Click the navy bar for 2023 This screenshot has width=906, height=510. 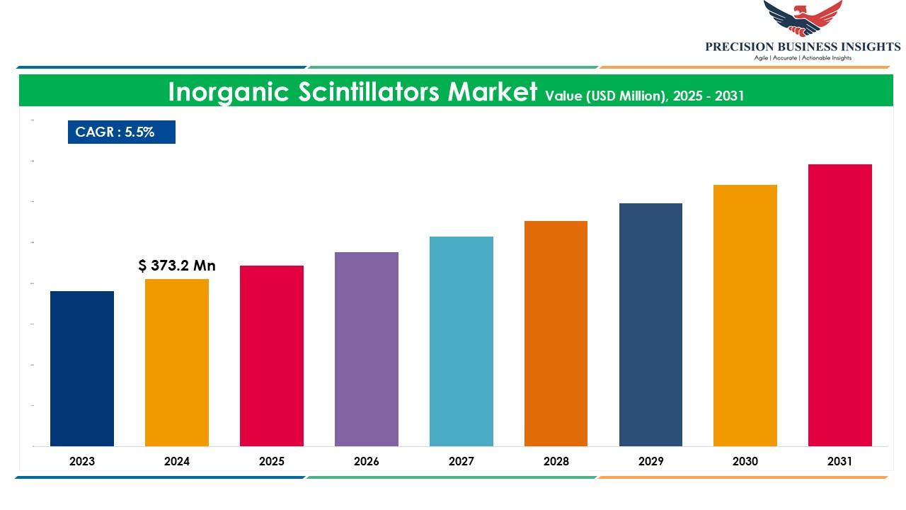(82, 368)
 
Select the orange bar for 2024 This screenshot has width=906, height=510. (177, 363)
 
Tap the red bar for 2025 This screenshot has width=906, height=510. (272, 356)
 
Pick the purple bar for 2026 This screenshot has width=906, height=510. (367, 349)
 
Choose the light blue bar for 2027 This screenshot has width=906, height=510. (461, 341)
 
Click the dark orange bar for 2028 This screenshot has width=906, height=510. (556, 334)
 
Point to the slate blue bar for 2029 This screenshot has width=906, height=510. (650, 324)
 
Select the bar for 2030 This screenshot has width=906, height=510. (745, 315)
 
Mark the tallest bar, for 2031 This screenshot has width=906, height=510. (840, 305)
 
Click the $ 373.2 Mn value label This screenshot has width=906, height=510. (177, 266)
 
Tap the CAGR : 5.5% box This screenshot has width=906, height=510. (122, 132)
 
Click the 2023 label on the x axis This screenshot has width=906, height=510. (82, 461)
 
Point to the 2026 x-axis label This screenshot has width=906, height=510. (367, 461)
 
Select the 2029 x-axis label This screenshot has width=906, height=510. (650, 461)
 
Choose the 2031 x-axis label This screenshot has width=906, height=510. (840, 461)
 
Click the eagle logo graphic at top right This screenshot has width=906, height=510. (803, 18)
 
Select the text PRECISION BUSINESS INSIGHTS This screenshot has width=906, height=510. (803, 47)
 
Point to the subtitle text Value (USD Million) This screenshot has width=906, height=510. (606, 96)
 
